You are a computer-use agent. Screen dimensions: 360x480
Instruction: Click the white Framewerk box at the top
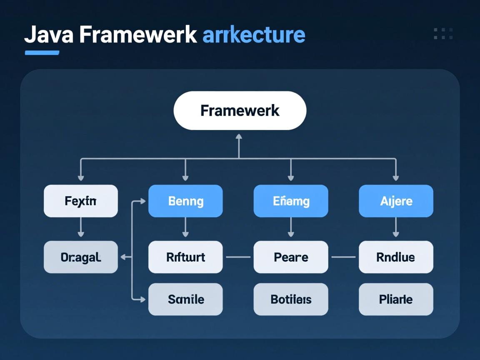[x=240, y=111]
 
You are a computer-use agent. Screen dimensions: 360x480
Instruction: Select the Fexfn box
[x=81, y=201]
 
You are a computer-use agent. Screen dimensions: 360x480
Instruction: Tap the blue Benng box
[x=185, y=201]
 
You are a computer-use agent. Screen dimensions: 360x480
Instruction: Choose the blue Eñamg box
[x=291, y=201]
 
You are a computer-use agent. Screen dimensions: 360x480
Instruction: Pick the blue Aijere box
[x=396, y=201]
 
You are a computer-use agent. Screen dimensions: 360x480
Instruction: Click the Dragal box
[x=81, y=257]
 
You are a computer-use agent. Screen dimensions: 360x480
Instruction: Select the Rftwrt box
[x=185, y=257]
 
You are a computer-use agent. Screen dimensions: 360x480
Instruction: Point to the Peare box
[x=291, y=257]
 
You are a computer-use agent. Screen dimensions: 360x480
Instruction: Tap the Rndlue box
[x=396, y=257]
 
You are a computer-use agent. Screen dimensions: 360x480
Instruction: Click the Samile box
[x=185, y=299]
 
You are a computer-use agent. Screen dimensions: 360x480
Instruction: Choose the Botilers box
[x=291, y=299]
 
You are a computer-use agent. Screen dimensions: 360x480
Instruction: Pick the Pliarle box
[x=396, y=299]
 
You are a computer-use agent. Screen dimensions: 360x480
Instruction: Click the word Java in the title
[x=49, y=35]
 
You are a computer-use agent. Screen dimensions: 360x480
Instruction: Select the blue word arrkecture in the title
[x=254, y=35]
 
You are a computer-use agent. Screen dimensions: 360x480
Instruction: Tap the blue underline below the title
[x=42, y=53]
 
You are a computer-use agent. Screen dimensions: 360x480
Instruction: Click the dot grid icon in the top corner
[x=443, y=34]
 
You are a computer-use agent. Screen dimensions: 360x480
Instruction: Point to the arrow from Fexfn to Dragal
[x=81, y=228]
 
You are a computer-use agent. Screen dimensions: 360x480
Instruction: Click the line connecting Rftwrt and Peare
[x=238, y=257]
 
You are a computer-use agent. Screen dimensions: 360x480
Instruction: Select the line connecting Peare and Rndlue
[x=343, y=257]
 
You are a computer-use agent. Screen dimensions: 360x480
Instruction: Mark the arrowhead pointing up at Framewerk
[x=239, y=137]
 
